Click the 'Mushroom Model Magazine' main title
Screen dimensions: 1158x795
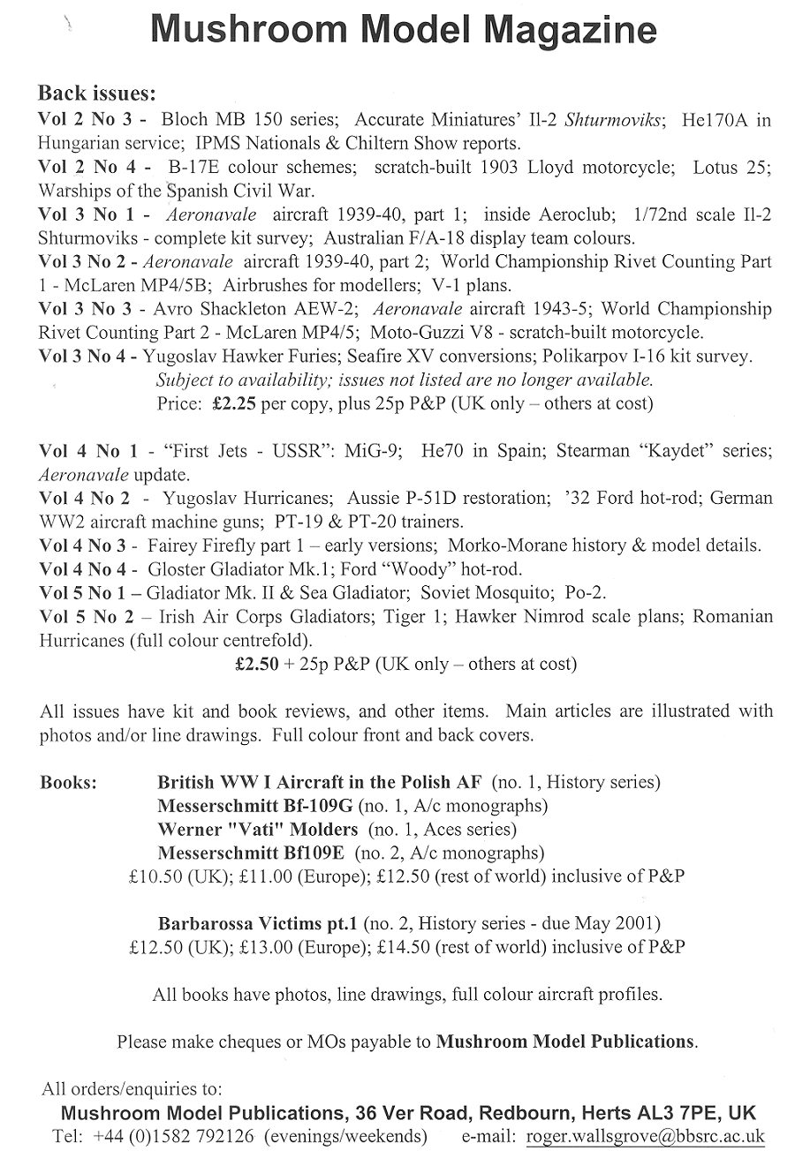404,32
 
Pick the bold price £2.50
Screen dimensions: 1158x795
255,663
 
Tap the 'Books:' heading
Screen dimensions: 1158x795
69,783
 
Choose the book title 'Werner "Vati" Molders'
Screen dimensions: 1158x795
257,830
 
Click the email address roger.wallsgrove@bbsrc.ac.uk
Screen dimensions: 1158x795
645,1136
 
